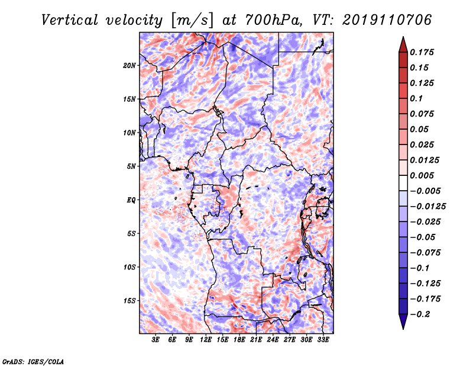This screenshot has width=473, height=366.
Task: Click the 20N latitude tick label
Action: pyautogui.click(x=129, y=66)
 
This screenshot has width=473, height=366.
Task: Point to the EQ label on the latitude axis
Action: pyautogui.click(x=131, y=200)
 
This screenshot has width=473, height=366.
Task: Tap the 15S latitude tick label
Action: pyautogui.click(x=129, y=301)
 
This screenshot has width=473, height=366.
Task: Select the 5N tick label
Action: pyautogui.click(x=131, y=166)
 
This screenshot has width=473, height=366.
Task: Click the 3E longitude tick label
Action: pyautogui.click(x=155, y=339)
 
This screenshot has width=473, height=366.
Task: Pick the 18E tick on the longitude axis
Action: pyautogui.click(x=239, y=339)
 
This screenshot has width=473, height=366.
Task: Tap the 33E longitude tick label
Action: pyautogui.click(x=323, y=339)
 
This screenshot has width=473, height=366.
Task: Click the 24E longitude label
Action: pyautogui.click(x=273, y=339)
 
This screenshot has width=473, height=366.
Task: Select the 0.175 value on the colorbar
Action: pyautogui.click(x=422, y=52)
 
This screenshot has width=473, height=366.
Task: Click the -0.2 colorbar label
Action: pyautogui.click(x=420, y=314)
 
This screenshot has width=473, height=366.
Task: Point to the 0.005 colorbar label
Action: pyautogui.click(x=422, y=175)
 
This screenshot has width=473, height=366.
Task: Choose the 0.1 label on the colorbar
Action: pyautogui.click(x=417, y=98)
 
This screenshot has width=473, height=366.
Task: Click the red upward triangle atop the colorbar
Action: pyautogui.click(x=403, y=44)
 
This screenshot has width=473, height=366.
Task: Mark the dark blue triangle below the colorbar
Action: pyautogui.click(x=403, y=322)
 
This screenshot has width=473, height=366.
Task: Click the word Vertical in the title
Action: pyautogui.click(x=70, y=20)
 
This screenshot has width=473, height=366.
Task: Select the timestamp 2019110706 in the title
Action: pyautogui.click(x=387, y=20)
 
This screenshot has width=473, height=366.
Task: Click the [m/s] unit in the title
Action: pyautogui.click(x=192, y=21)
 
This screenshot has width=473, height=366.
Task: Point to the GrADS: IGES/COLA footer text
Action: pyautogui.click(x=33, y=362)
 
